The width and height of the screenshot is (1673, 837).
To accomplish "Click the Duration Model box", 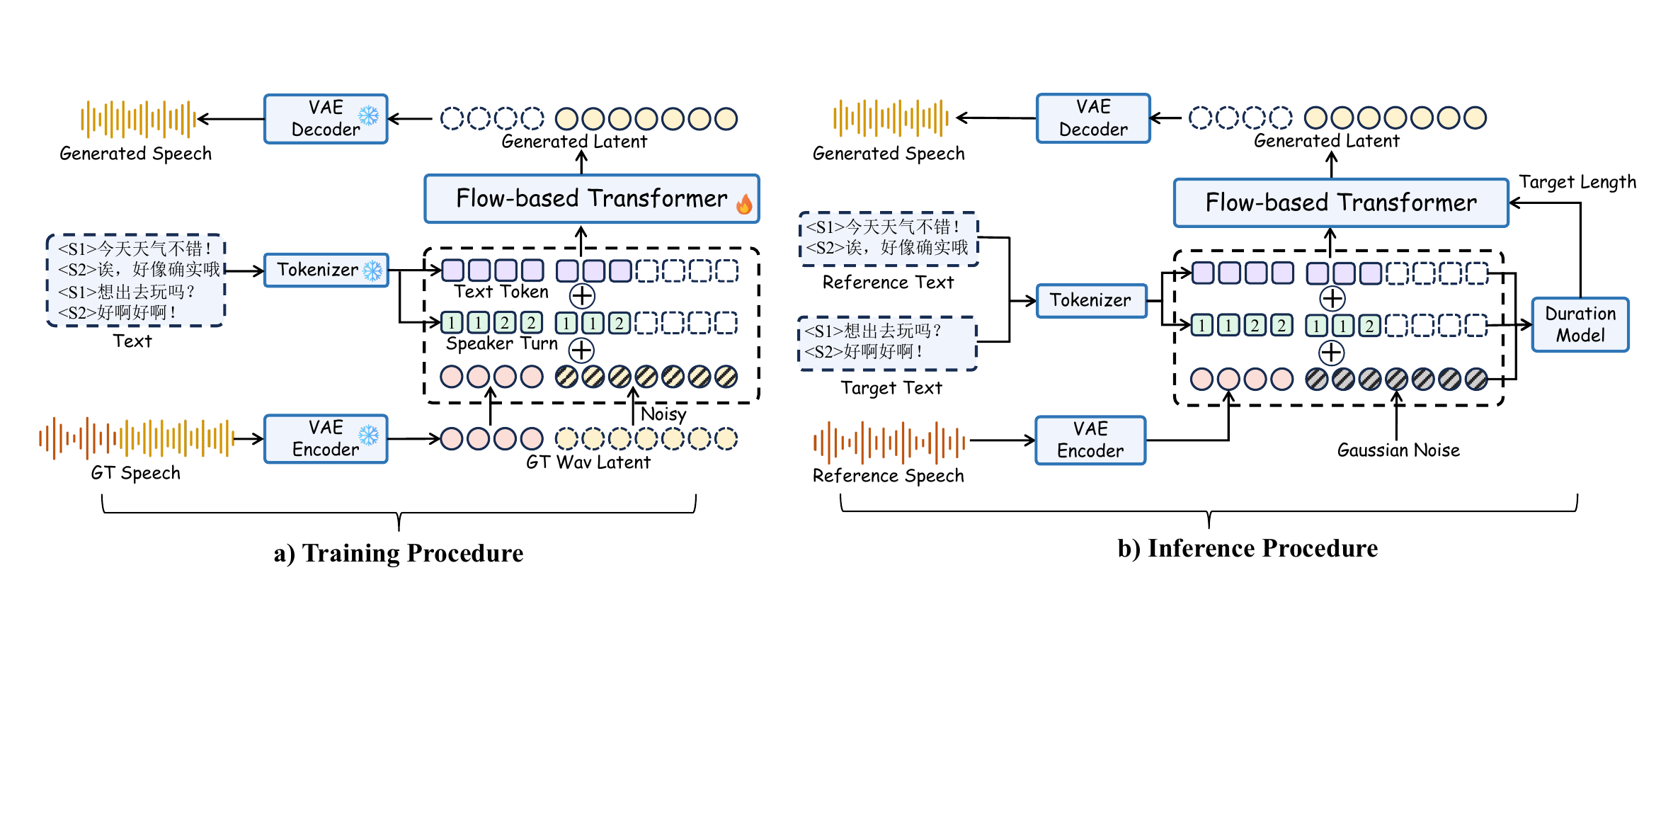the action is tap(1580, 324).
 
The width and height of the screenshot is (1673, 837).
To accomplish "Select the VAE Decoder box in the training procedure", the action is tap(326, 119).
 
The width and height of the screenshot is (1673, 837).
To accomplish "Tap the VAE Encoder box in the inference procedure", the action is tap(1090, 440).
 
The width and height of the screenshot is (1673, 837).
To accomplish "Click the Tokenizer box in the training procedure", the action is tap(326, 270).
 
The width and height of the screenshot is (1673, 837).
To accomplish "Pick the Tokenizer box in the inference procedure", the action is tap(1091, 300).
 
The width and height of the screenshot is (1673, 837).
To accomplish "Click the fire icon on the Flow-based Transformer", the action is tap(744, 204).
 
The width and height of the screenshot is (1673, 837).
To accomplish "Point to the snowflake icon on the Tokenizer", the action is tap(372, 270).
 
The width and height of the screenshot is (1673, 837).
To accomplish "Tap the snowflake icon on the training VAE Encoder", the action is tap(368, 435).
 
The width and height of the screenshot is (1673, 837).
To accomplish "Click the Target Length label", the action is tap(1577, 182).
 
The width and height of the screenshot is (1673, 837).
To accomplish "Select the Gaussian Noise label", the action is tap(1398, 450).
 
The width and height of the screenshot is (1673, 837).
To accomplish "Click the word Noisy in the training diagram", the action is tap(663, 414).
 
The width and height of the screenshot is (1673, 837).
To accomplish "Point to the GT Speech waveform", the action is tap(137, 438).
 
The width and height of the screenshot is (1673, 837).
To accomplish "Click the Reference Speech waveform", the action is tap(889, 443).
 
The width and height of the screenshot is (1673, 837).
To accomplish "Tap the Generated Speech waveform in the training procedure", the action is tap(139, 119).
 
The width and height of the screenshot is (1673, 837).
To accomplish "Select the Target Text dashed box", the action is tap(888, 343).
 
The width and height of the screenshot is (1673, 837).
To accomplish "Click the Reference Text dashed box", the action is tap(889, 239).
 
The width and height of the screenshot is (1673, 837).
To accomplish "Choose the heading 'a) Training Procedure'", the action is tap(399, 553).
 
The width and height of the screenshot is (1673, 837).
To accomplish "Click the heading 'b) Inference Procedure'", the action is tap(1247, 548).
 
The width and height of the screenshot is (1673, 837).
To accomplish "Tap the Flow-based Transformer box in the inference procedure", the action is tap(1341, 203).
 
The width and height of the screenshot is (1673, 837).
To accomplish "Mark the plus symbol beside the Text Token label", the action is tap(582, 296).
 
